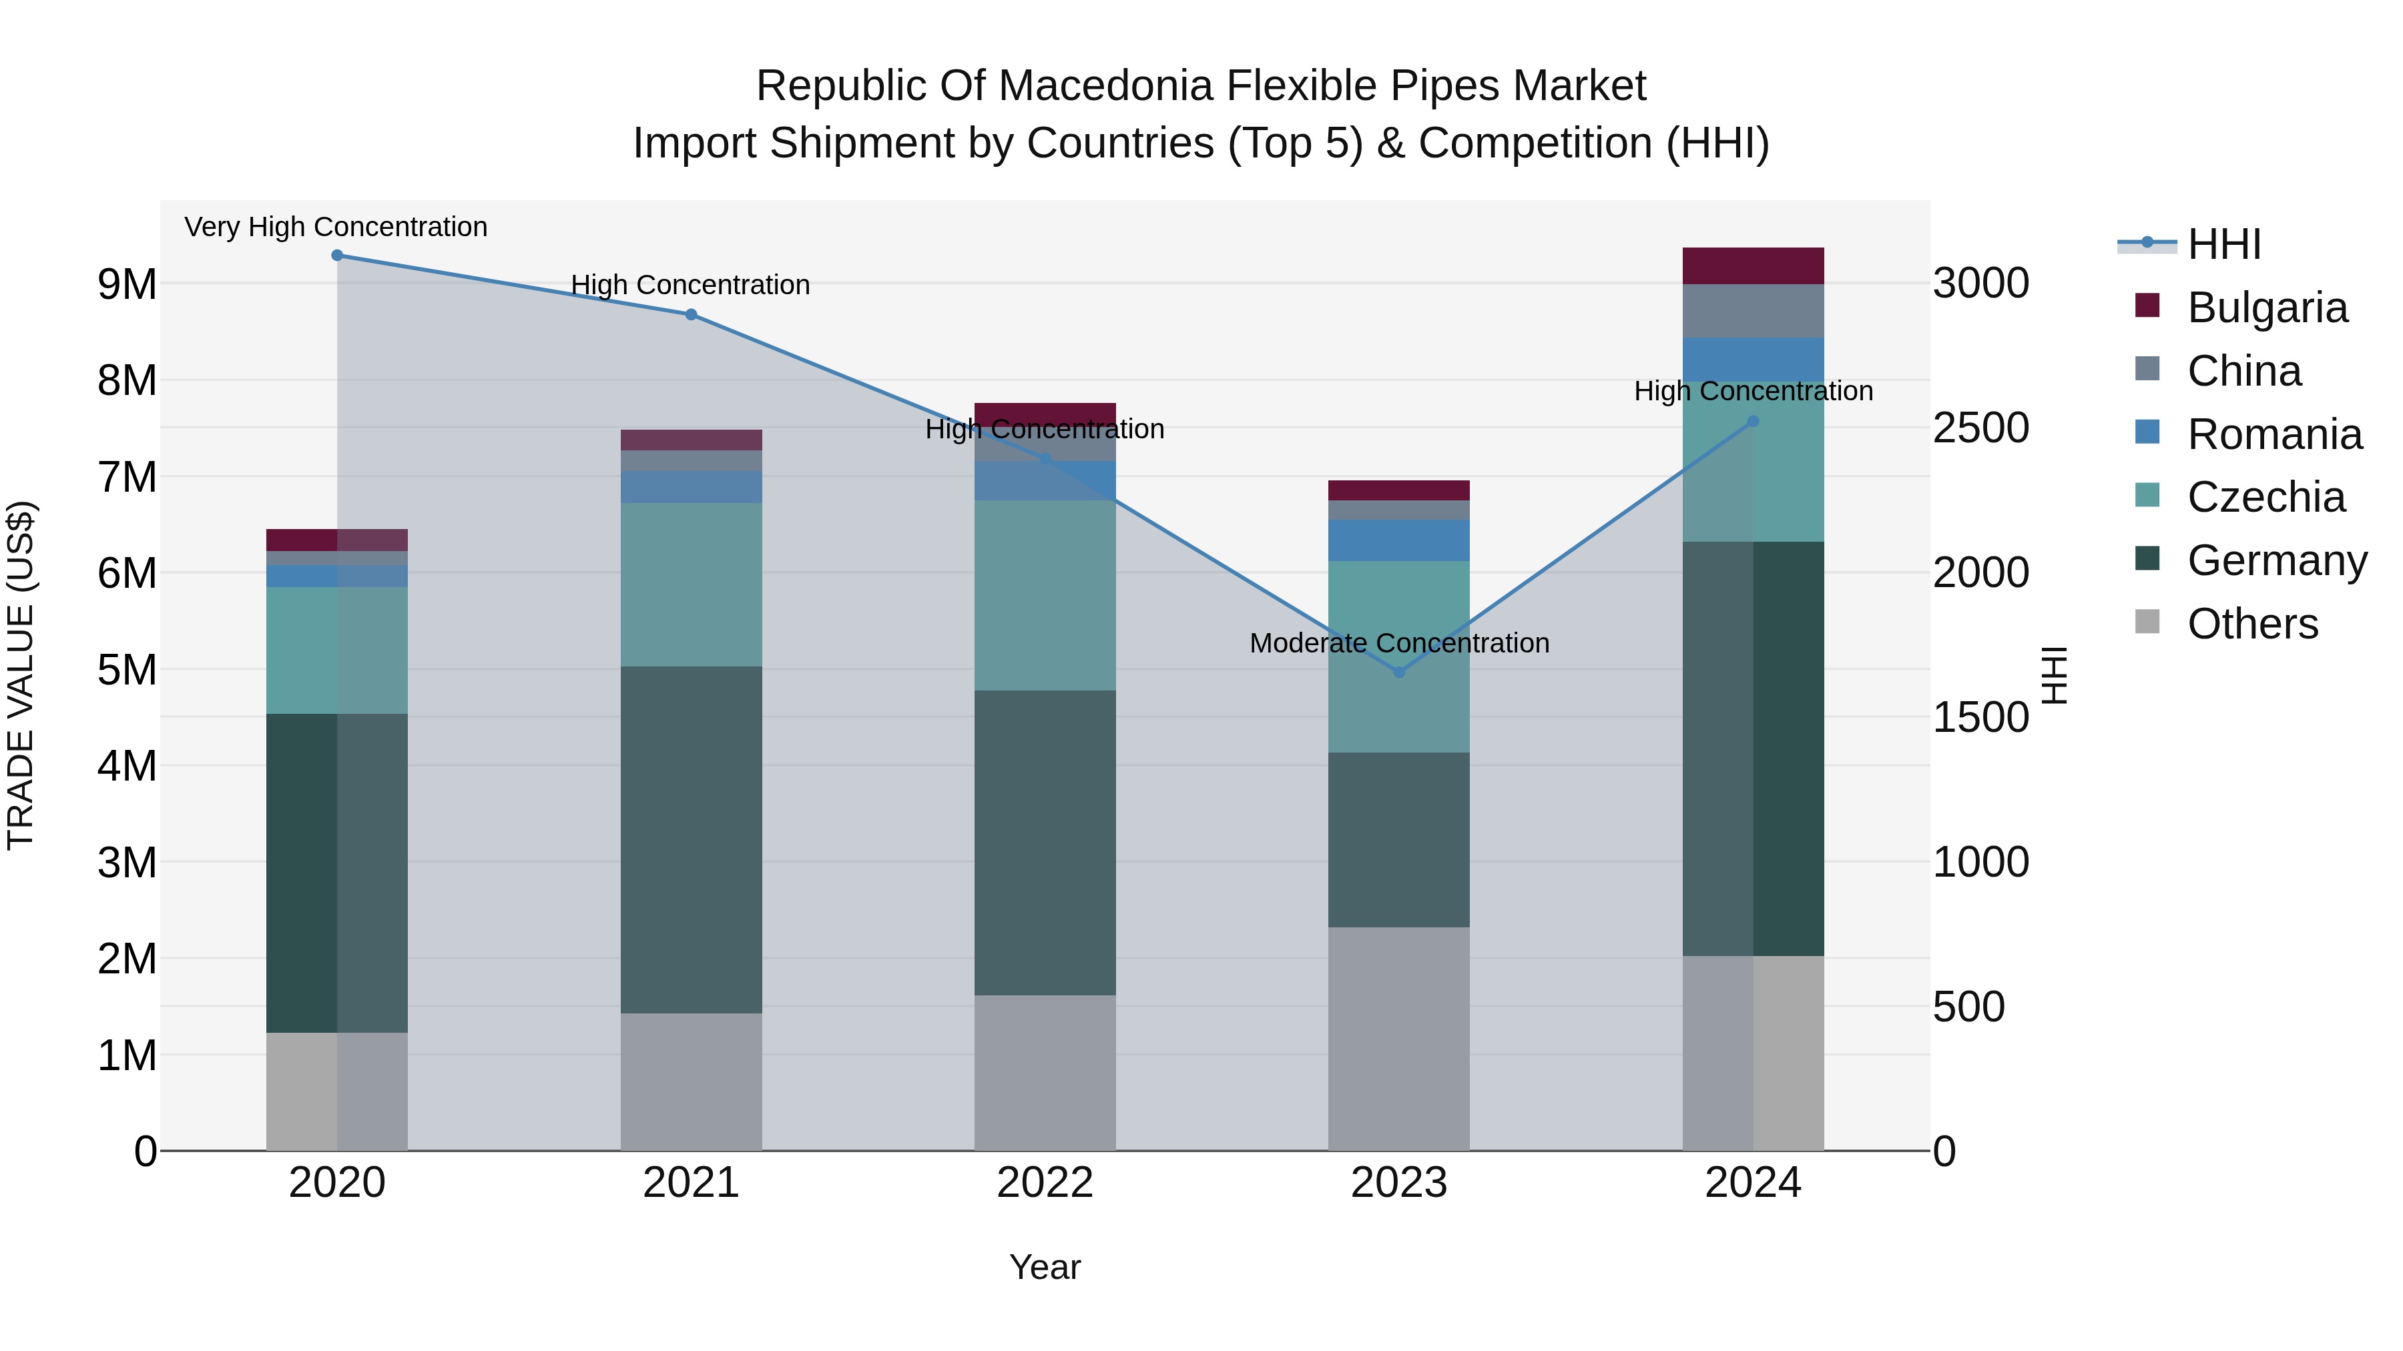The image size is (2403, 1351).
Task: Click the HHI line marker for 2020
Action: coord(338,256)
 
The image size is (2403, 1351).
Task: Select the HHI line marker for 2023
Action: coord(1398,672)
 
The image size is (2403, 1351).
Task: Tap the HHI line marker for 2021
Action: coord(692,315)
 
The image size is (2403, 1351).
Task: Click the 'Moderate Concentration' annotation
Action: coord(1398,643)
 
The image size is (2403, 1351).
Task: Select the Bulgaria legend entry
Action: coord(2267,308)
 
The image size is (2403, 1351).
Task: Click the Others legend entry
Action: coord(2252,624)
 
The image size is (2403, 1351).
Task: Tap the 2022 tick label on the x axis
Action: coord(1045,1183)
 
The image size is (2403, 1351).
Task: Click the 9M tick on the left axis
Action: coord(127,284)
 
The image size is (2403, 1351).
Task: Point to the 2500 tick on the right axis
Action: coord(1980,428)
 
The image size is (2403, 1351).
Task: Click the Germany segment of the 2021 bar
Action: coord(692,839)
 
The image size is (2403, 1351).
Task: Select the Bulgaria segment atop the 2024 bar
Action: coord(1753,266)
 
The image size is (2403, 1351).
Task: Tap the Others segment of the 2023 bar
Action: coord(1398,1039)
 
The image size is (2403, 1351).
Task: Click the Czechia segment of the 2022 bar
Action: coord(1045,595)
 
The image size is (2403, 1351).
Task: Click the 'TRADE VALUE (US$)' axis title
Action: coord(21,675)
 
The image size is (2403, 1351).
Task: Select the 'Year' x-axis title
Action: coord(1045,1267)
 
